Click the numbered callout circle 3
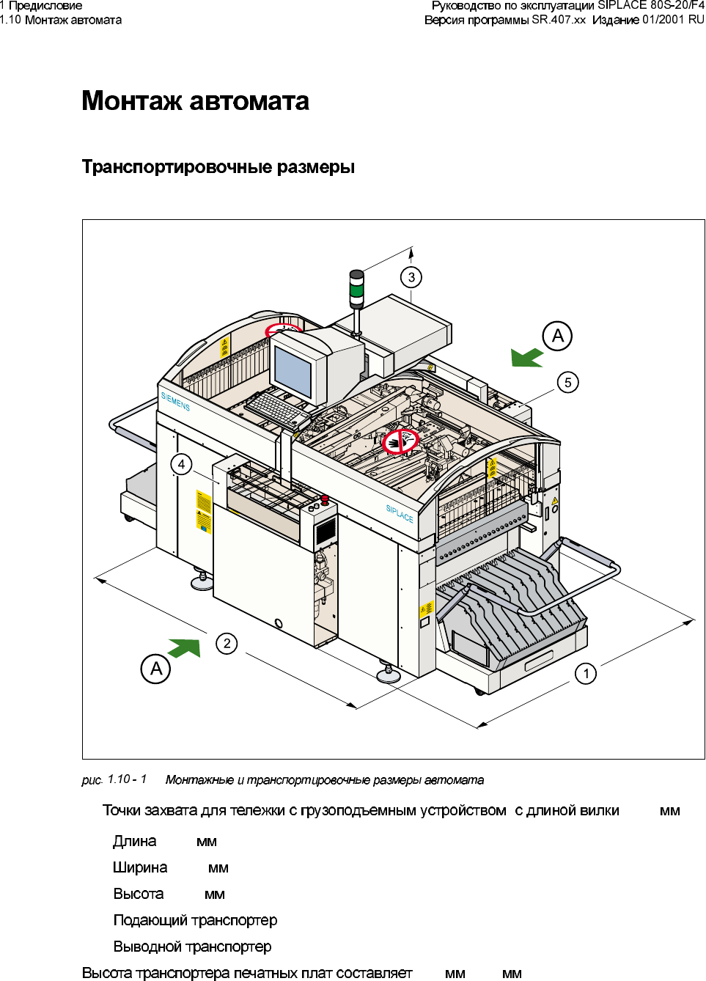point(411,277)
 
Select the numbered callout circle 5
point(567,382)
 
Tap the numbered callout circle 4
point(181,464)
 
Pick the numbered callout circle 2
point(227,644)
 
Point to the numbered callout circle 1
point(586,673)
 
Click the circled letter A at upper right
point(557,336)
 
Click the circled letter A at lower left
point(155,669)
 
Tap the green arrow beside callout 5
point(526,357)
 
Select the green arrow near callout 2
point(185,648)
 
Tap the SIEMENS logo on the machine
point(175,401)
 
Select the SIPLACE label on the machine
point(400,513)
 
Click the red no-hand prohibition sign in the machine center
point(400,441)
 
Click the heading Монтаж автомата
point(195,100)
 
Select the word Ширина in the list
point(140,867)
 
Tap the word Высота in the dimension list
point(139,894)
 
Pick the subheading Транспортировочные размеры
point(218,167)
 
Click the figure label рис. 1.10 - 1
point(114,779)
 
